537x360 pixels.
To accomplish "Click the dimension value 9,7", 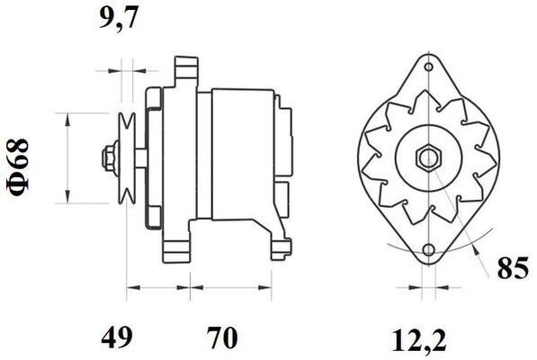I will click(x=119, y=18).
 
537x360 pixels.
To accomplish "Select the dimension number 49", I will click(x=117, y=337).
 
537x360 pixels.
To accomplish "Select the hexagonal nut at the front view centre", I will click(x=425, y=158).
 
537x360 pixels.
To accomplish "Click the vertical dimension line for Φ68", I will click(x=67, y=157).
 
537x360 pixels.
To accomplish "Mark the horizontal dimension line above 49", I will click(x=157, y=291).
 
